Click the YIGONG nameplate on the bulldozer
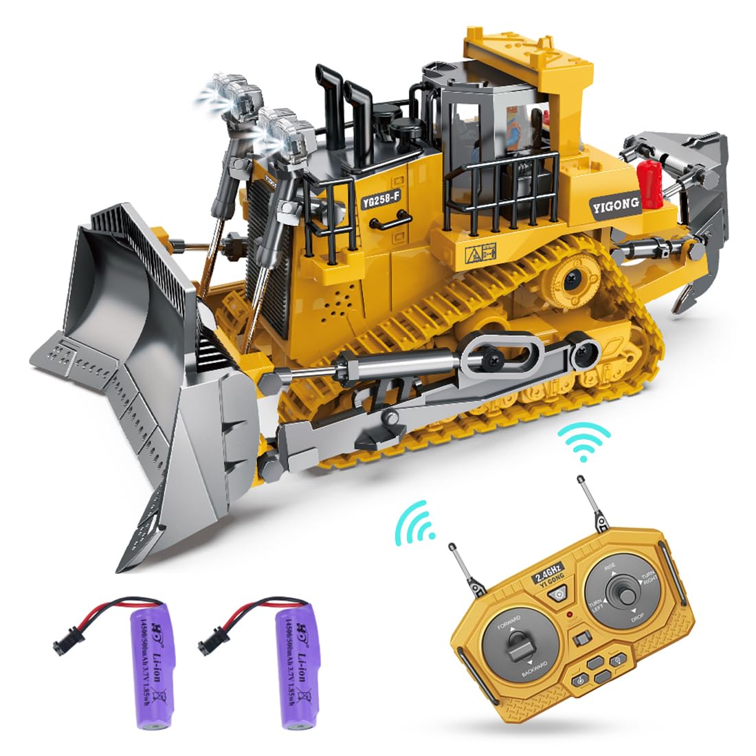click(614, 203)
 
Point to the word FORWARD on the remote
click(505, 623)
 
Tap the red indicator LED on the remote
click(569, 614)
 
